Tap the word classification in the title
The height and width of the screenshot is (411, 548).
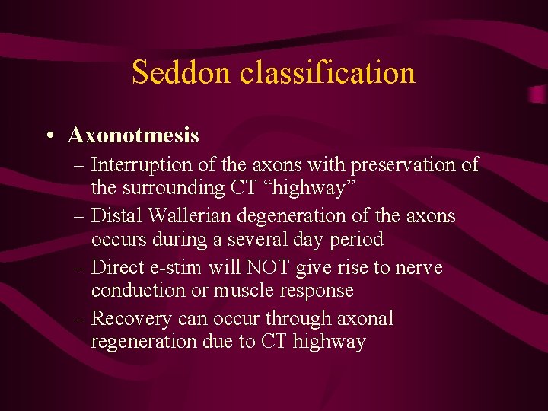click(327, 72)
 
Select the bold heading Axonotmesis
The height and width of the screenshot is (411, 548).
click(133, 135)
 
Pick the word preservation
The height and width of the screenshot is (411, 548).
click(408, 165)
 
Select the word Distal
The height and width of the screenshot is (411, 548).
click(114, 216)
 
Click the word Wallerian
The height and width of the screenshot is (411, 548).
click(183, 216)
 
